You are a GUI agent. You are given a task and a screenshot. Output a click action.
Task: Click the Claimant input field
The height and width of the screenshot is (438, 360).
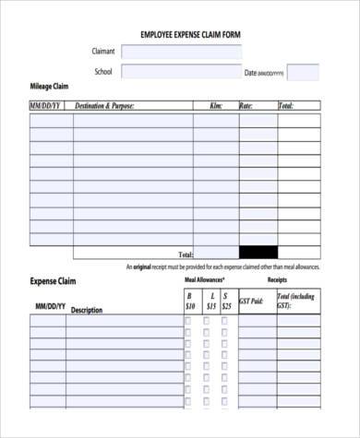pyautogui.click(x=179, y=52)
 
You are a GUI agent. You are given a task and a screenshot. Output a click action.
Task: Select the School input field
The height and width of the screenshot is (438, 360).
pyautogui.click(x=179, y=72)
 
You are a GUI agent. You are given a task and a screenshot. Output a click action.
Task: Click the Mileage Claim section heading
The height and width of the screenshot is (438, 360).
pyautogui.click(x=49, y=86)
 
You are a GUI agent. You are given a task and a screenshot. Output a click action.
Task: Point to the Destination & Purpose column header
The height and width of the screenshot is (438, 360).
pyautogui.click(x=104, y=107)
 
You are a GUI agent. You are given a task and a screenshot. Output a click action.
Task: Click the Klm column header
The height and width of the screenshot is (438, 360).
pyautogui.click(x=216, y=107)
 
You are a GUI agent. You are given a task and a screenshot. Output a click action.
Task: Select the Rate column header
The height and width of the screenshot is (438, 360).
pyautogui.click(x=246, y=107)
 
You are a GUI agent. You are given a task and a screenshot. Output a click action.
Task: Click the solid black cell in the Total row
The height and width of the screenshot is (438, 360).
pyautogui.click(x=258, y=252)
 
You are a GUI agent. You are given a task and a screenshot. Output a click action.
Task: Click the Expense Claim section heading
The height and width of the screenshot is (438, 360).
pyautogui.click(x=54, y=280)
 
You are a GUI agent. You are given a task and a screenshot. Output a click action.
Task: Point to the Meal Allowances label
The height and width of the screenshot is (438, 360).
pyautogui.click(x=204, y=278)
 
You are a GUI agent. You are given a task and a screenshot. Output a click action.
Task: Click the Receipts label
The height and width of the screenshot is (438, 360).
pyautogui.click(x=278, y=278)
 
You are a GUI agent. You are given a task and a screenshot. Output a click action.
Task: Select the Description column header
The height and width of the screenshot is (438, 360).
pyautogui.click(x=87, y=310)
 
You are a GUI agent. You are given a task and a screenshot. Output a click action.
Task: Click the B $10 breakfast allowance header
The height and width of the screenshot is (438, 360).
pyautogui.click(x=190, y=301)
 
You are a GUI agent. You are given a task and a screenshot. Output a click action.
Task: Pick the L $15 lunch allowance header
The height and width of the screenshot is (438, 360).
pyautogui.click(x=211, y=301)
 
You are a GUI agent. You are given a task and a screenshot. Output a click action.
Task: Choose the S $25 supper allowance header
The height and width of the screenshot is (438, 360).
pyautogui.click(x=227, y=301)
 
